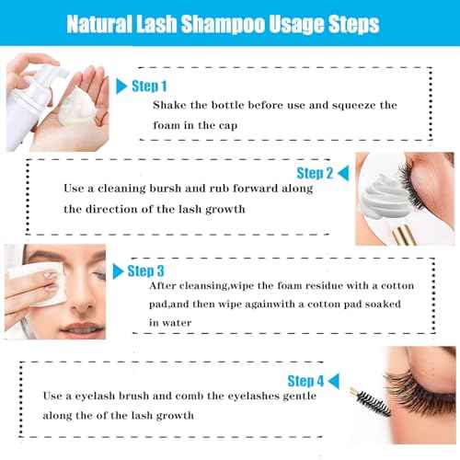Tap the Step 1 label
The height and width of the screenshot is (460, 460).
[150, 86]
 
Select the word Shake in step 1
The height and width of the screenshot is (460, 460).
[170, 104]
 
